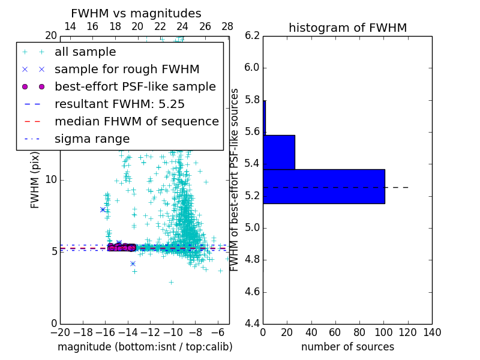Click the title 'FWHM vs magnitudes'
[136, 14]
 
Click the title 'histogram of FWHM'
[347, 28]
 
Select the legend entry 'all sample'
[85, 52]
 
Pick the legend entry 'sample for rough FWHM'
[127, 69]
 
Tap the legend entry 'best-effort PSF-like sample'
[135, 86]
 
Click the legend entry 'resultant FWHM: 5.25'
[119, 104]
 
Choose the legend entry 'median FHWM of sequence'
[136, 121]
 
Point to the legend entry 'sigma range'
[92, 139]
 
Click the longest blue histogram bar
[323, 187]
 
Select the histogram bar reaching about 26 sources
[278, 152]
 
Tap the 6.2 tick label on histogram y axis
[251, 35]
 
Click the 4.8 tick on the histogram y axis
[251, 260]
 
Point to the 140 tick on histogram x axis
[432, 332]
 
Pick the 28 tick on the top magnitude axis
[227, 26]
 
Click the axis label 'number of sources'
[347, 347]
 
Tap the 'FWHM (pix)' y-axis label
[35, 179]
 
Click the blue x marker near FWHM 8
[103, 209]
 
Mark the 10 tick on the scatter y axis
[52, 180]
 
